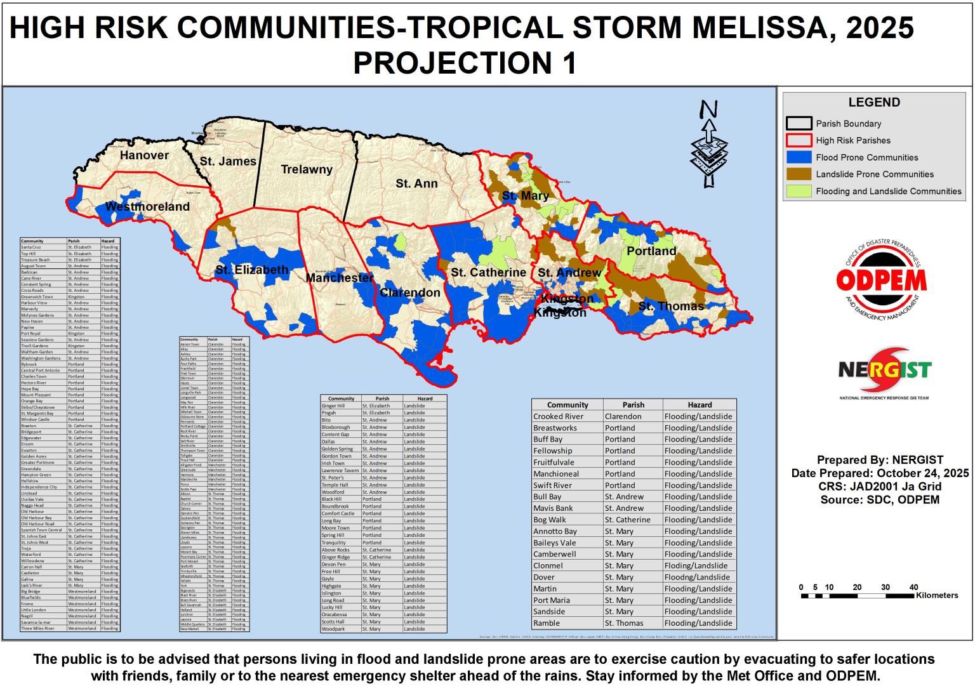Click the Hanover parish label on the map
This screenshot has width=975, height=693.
click(144, 155)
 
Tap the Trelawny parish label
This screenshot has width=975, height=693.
click(307, 169)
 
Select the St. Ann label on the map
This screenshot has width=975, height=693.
click(416, 183)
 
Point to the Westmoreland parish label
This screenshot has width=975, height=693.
click(147, 207)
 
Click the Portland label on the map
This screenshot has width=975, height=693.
click(651, 251)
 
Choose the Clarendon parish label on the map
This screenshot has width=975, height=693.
click(409, 293)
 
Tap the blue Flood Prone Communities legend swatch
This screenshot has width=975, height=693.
click(799, 157)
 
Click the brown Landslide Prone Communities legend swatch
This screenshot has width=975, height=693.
click(799, 174)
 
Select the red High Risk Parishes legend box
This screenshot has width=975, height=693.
click(799, 140)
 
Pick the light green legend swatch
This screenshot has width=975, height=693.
click(799, 191)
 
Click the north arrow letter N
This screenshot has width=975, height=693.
click(709, 110)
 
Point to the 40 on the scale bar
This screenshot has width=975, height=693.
click(913, 587)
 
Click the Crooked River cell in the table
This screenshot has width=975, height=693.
click(558, 416)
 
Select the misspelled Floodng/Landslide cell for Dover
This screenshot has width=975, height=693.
click(696, 577)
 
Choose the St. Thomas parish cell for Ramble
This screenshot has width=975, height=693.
click(624, 623)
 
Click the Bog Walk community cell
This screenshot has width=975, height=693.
click(550, 520)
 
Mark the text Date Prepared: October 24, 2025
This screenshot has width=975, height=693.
click(880, 473)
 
